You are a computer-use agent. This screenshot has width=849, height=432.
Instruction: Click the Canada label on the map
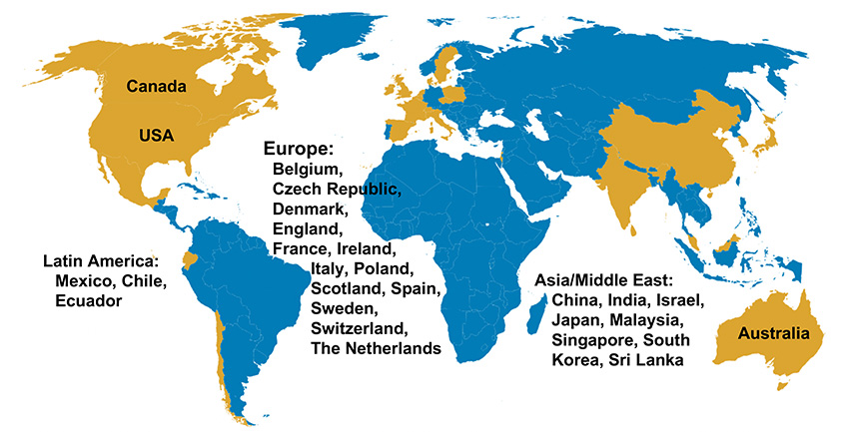[x=158, y=87]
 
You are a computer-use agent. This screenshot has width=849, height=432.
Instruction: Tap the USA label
[x=157, y=135]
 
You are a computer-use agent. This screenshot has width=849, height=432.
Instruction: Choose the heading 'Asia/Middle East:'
[x=600, y=280]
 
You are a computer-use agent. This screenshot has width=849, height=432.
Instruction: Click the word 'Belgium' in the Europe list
[x=308, y=169]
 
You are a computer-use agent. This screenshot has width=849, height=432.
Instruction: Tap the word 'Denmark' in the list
[x=309, y=209]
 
